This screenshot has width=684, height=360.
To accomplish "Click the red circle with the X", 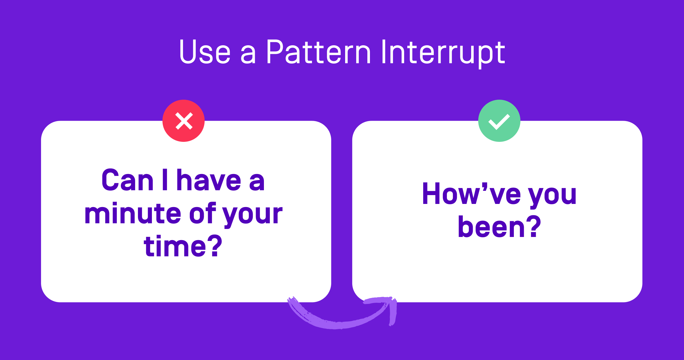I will tap(184, 121).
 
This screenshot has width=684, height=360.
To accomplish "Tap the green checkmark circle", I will tap(499, 121).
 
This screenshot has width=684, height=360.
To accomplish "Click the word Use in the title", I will tap(205, 52).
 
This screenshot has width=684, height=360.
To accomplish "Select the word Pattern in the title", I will tap(318, 52).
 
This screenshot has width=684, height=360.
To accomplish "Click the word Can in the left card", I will tap(127, 180).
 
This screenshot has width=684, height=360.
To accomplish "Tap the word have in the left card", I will tap(209, 180).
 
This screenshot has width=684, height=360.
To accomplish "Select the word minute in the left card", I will tap(133, 214).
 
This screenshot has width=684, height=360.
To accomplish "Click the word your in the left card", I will tap(252, 215).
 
